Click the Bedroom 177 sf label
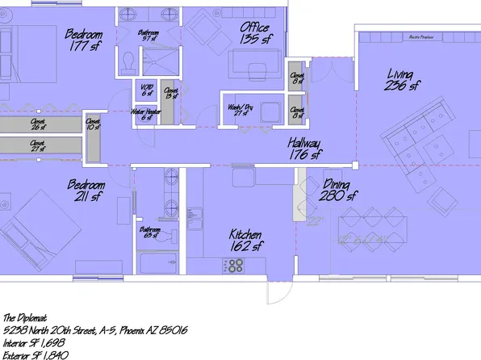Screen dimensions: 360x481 pos(83,41)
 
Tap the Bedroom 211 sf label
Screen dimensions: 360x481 pos(84,190)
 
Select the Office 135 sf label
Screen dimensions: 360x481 pos(255,33)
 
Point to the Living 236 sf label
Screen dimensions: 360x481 pos(402,79)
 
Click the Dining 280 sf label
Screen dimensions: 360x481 pos(338,190)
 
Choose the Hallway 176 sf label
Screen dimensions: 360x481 pos(305,149)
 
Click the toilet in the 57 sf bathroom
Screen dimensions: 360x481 pos(128,59)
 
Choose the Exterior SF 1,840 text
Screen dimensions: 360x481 pos(36,354)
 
